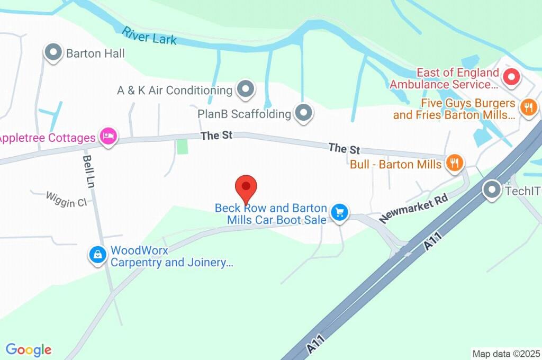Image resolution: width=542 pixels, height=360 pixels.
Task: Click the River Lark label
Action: click(x=149, y=35)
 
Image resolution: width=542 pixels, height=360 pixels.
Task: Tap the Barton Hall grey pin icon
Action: click(x=53, y=52)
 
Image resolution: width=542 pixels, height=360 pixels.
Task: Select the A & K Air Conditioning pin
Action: click(x=245, y=89)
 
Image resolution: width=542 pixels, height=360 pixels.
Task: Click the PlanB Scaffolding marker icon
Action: click(x=304, y=112)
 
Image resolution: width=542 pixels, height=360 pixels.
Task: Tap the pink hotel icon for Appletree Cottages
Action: click(x=109, y=137)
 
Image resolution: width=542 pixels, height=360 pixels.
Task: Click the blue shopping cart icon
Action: click(x=339, y=213)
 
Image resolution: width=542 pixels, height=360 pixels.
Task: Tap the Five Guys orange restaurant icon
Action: click(x=528, y=108)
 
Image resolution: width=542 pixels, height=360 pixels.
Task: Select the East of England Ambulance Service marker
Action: click(x=511, y=78)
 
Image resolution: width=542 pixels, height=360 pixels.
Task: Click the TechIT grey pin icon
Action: click(x=492, y=190)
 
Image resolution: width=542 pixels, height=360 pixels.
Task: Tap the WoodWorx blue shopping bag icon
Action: click(x=98, y=255)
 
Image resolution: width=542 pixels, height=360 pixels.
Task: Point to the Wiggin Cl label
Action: click(x=66, y=200)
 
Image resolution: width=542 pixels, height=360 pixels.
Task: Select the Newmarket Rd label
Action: click(x=413, y=208)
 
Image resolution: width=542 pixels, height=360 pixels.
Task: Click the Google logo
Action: click(x=29, y=350)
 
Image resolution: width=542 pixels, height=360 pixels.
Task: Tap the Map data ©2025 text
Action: click(x=506, y=354)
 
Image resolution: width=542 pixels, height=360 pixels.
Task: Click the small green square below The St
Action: click(x=182, y=146)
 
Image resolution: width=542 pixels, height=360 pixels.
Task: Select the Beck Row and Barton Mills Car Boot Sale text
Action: click(x=270, y=214)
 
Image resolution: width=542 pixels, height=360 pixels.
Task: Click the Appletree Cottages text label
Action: click(x=48, y=138)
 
